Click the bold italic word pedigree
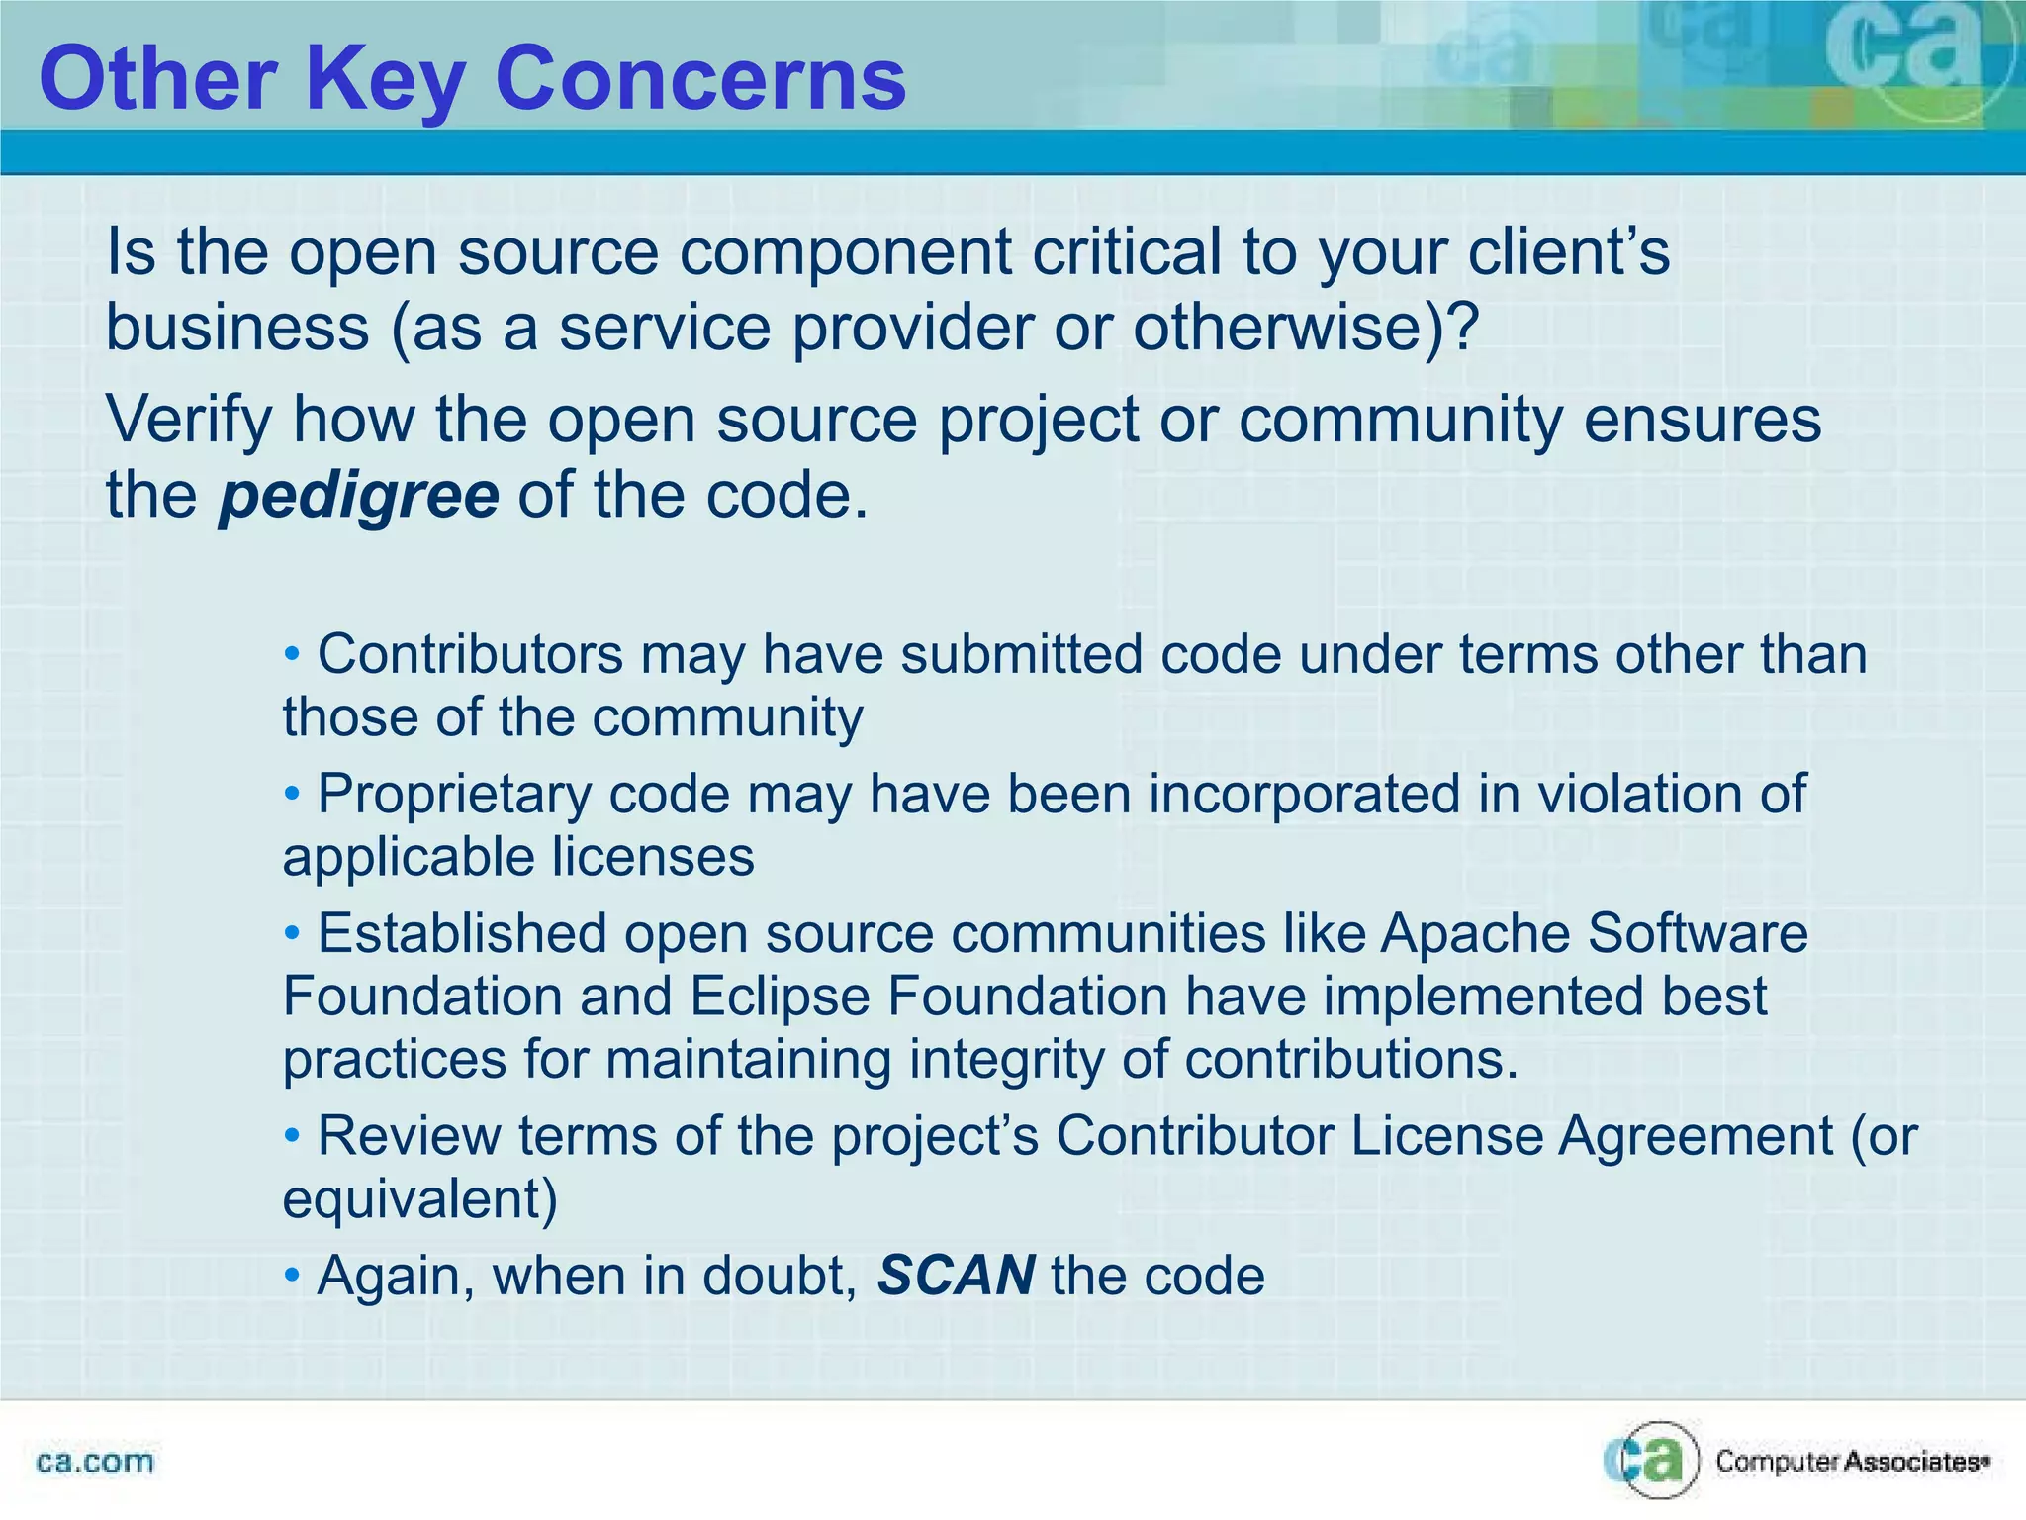pyautogui.click(x=359, y=495)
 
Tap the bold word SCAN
pyautogui.click(x=956, y=1275)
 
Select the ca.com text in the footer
pyautogui.click(x=95, y=1462)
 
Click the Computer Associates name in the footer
pyautogui.click(x=1851, y=1462)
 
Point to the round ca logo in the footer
pyautogui.click(x=1651, y=1460)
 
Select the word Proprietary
pyautogui.click(x=453, y=794)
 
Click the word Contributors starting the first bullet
pyautogui.click(x=470, y=654)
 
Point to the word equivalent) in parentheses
pyautogui.click(x=420, y=1198)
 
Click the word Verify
pyautogui.click(x=189, y=420)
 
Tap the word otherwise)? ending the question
pyautogui.click(x=1305, y=328)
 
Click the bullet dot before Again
pyautogui.click(x=292, y=1275)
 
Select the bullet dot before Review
pyautogui.click(x=292, y=1136)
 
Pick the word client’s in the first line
pyautogui.click(x=1568, y=251)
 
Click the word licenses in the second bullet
pyautogui.click(x=652, y=857)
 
